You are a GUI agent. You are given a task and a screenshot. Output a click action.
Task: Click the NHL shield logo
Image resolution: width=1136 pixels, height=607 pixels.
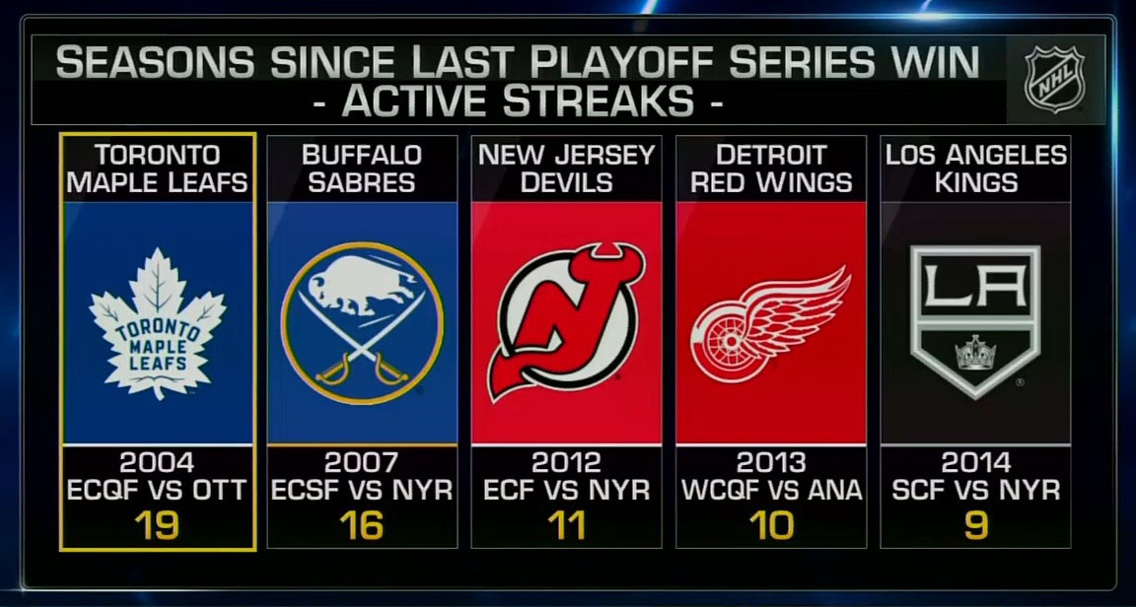pyautogui.click(x=1053, y=79)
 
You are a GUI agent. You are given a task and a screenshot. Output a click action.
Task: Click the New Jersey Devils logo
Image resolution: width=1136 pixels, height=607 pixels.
pyautogui.click(x=566, y=321)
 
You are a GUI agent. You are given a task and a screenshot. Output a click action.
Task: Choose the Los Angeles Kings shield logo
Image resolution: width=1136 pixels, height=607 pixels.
pyautogui.click(x=974, y=321)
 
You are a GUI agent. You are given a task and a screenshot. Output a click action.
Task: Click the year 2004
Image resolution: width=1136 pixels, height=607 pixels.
pyautogui.click(x=158, y=462)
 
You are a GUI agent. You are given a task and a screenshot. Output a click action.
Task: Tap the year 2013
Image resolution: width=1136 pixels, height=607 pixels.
pyautogui.click(x=770, y=462)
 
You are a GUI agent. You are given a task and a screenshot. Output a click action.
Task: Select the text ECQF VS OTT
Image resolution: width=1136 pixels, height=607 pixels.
pyautogui.click(x=158, y=490)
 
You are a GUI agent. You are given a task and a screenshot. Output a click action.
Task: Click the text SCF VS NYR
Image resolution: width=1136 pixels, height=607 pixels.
pyautogui.click(x=974, y=490)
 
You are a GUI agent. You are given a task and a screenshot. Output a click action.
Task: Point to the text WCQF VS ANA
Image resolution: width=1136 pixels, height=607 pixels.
pyautogui.click(x=770, y=490)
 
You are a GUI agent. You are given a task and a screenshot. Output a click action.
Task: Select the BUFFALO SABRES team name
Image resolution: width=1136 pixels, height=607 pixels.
pyautogui.click(x=362, y=169)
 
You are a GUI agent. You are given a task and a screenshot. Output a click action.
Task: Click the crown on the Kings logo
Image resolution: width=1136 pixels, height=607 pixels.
pyautogui.click(x=976, y=351)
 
